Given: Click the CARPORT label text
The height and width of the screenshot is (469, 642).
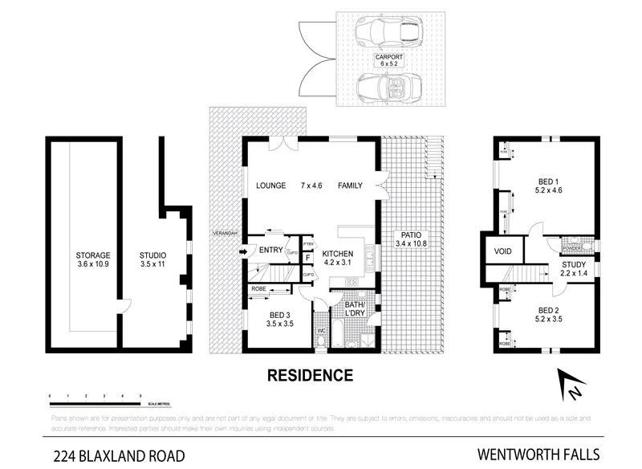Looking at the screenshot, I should tap(388, 57).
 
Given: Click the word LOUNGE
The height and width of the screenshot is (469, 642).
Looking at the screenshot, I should tap(271, 186).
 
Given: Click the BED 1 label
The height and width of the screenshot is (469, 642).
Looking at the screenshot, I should tap(548, 181).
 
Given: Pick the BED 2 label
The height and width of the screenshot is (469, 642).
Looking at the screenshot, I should tap(548, 310).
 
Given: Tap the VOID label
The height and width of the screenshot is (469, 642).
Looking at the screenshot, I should tap(503, 251).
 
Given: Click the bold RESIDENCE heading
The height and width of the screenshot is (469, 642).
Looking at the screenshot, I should tap(309, 374).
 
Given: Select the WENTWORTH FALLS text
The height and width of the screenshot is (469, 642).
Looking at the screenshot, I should tap(542, 455).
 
